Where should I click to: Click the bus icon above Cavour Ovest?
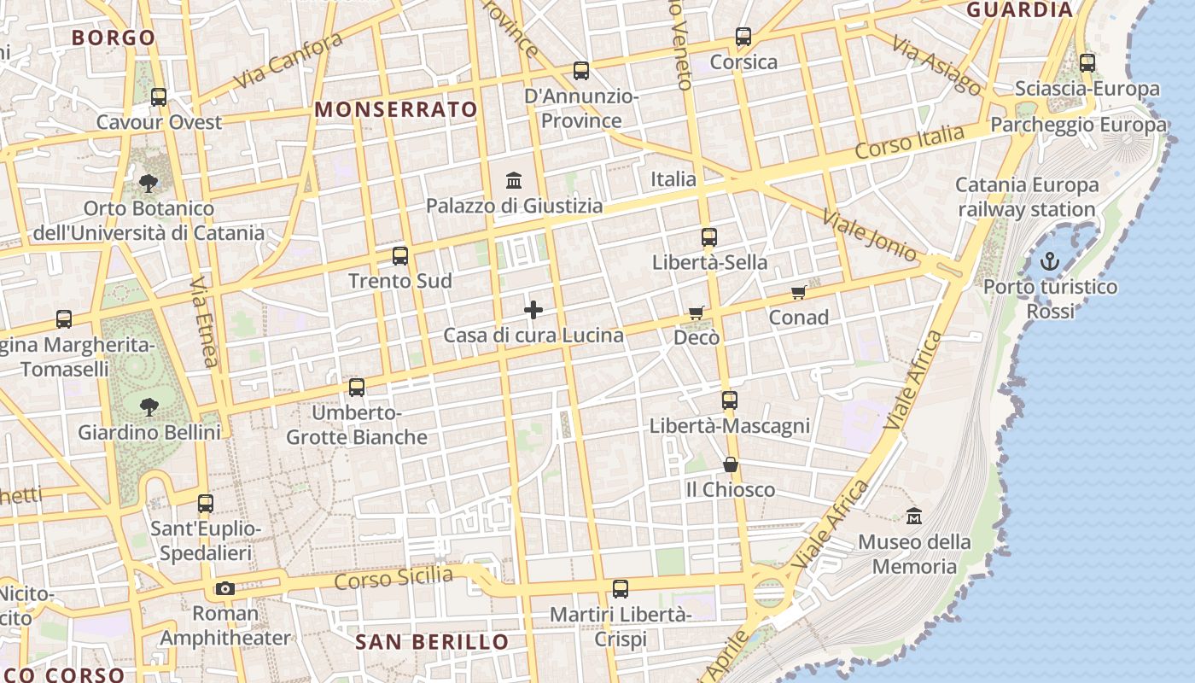[159, 96]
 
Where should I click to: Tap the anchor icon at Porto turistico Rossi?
[1049, 261]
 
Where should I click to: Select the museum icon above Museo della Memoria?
[914, 517]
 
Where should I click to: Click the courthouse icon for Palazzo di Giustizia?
[514, 180]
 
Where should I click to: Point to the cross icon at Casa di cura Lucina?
[533, 310]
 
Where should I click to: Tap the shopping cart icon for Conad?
[798, 293]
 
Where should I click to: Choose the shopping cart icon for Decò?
[697, 312]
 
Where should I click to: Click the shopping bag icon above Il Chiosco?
[731, 464]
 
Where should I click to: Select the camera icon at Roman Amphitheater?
[225, 588]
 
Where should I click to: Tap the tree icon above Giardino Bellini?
[149, 406]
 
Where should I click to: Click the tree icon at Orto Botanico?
[149, 183]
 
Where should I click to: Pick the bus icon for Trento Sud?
[400, 255]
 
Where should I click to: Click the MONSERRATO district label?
[396, 109]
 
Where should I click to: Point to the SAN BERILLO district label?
[432, 642]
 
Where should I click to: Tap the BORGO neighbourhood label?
[114, 38]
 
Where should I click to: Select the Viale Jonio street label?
[870, 235]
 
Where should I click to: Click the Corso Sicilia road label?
[393, 578]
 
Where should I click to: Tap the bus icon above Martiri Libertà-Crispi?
[621, 588]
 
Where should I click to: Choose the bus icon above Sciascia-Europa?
[1087, 62]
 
